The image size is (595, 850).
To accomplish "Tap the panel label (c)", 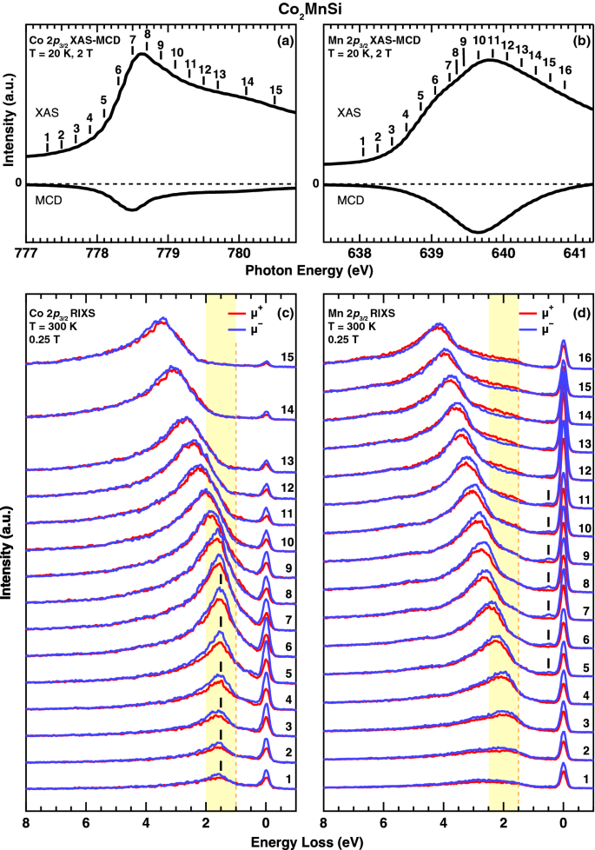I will [280, 310].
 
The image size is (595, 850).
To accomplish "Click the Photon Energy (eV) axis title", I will [297, 271].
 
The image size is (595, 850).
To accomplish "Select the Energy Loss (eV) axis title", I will [297, 842].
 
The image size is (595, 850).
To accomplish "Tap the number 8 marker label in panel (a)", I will [148, 34].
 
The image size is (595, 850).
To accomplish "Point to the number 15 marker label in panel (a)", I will [276, 90].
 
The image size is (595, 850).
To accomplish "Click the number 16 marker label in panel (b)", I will [565, 70].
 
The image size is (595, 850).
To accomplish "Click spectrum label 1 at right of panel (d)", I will [586, 779].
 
